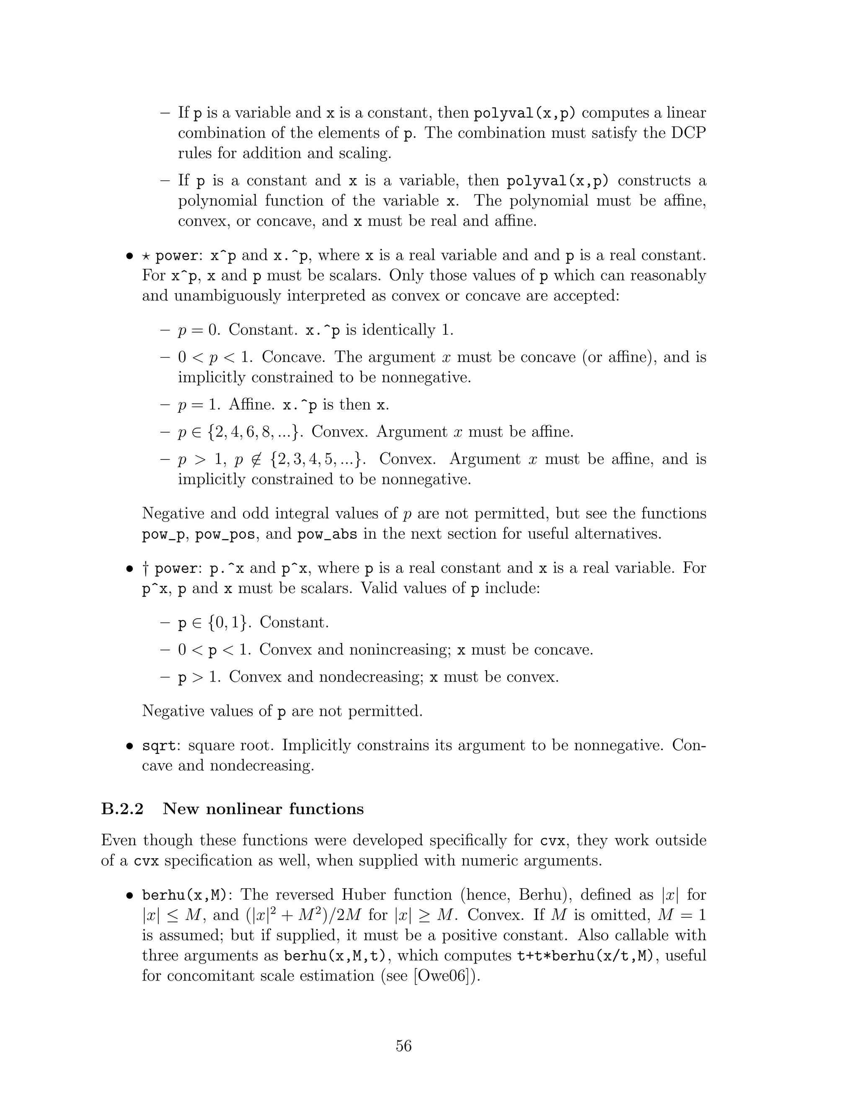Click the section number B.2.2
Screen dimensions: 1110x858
point(122,808)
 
